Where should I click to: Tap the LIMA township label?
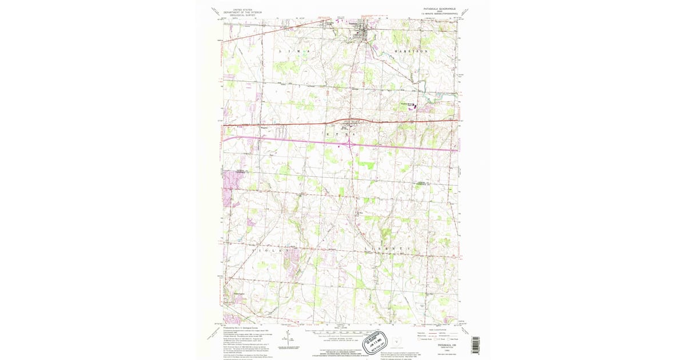click(297, 51)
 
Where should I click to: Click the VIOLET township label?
click(269, 250)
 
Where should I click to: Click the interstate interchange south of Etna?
click(349, 145)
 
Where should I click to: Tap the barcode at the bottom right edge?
click(474, 343)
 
